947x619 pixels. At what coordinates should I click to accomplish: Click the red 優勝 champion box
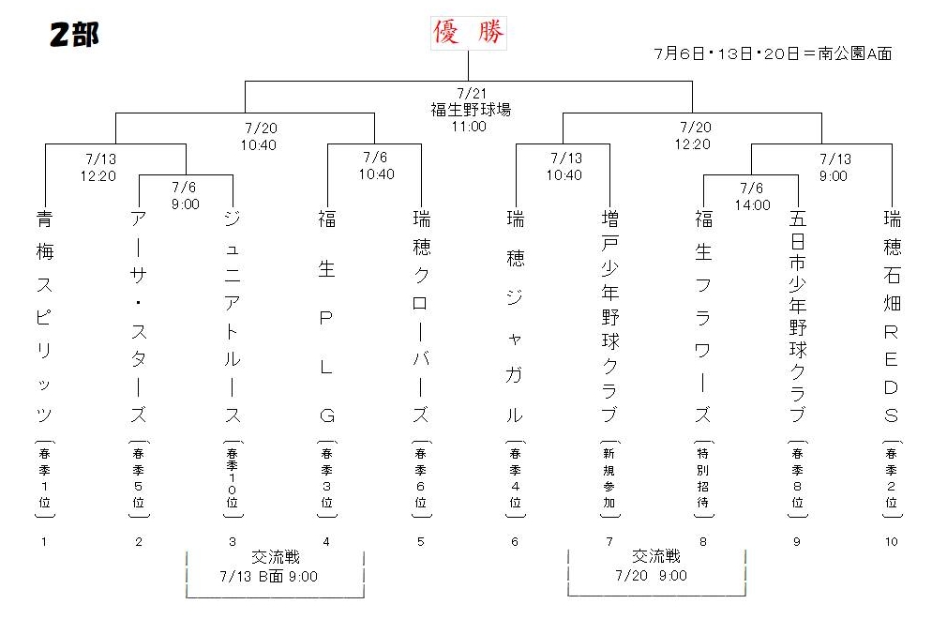(x=469, y=33)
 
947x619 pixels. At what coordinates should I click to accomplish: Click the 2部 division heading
(x=74, y=35)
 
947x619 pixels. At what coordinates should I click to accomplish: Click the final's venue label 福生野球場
(x=471, y=110)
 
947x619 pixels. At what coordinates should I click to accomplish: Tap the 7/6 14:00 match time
(x=752, y=197)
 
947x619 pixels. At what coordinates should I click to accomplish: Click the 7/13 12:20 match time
(x=98, y=167)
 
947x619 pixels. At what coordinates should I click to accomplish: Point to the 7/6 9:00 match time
(x=184, y=196)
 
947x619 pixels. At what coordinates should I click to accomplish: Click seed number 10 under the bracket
(x=892, y=542)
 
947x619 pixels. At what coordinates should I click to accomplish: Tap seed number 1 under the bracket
(x=44, y=542)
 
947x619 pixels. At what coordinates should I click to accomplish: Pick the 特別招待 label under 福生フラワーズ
(x=703, y=477)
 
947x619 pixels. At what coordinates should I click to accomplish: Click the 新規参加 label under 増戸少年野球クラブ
(x=609, y=477)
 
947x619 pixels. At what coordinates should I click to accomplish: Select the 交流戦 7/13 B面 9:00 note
(x=275, y=566)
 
